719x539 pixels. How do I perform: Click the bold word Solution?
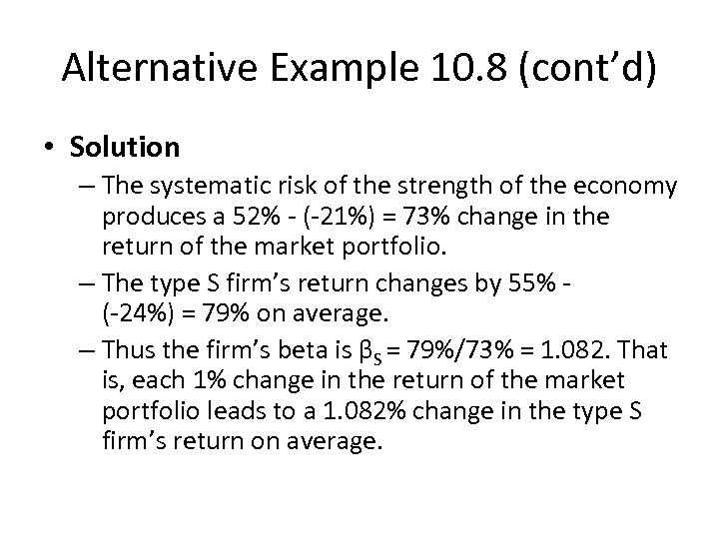[x=125, y=148]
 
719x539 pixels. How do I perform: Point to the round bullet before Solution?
[x=51, y=149]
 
